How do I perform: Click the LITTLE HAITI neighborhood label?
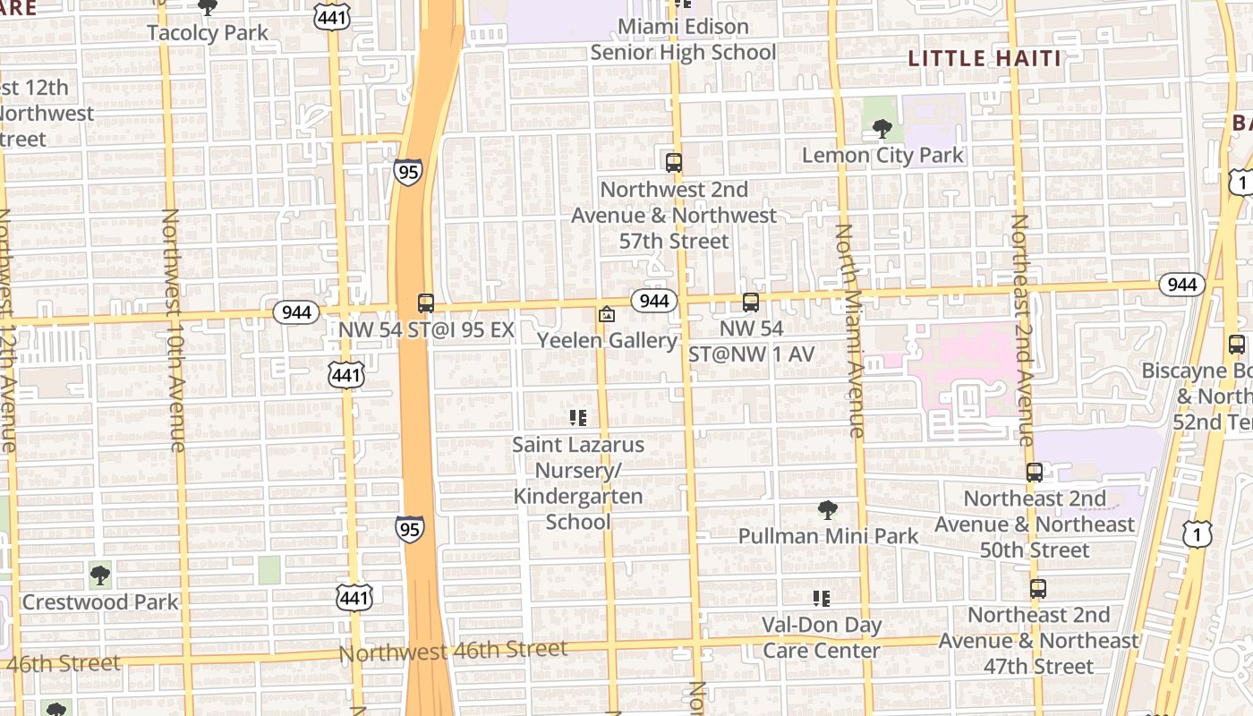coord(984,59)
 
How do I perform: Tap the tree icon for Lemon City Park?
coord(882,130)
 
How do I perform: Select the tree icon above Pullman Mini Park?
coord(828,511)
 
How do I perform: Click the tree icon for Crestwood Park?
coord(100,575)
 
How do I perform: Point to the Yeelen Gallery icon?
coord(607,315)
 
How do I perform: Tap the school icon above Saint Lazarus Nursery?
coord(577,418)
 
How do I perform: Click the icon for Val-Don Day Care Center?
coord(821,599)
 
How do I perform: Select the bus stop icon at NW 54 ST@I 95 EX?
coord(426,303)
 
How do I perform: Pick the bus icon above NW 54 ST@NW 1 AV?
coord(751,303)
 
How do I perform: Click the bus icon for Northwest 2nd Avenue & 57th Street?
coord(674,163)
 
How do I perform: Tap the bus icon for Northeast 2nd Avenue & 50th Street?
coord(1035,473)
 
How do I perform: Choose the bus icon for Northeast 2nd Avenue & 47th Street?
coord(1038,590)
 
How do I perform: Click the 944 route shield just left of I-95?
coord(296,312)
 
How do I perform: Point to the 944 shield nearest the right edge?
coord(1182,285)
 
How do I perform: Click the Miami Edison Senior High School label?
coord(683,39)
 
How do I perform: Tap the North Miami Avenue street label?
coord(848,331)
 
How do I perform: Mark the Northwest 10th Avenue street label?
coord(174,331)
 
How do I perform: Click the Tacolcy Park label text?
coord(208,33)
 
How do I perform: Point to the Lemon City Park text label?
coord(882,155)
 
